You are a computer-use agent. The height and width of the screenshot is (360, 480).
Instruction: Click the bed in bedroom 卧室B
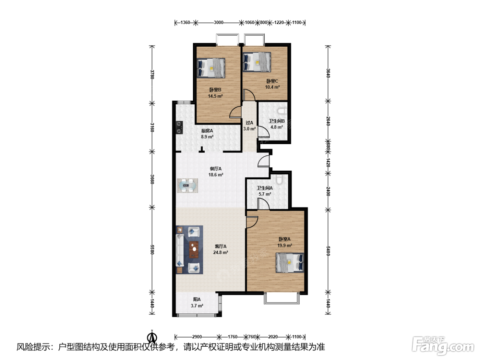[x=211, y=68]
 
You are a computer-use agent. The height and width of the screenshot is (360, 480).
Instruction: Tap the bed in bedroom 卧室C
[x=257, y=62]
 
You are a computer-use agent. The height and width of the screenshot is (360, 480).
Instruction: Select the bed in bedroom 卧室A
[x=290, y=263]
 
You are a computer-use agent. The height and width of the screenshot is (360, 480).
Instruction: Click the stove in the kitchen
[x=179, y=128]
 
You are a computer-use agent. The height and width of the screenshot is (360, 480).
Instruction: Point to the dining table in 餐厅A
[x=188, y=185]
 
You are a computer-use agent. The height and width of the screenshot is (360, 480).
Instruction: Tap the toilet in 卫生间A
[x=279, y=179]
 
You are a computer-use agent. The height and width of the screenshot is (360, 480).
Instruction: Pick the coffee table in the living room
[x=194, y=249]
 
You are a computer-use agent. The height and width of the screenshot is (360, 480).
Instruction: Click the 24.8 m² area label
[x=221, y=252]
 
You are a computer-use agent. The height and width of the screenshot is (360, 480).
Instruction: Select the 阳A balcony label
[x=197, y=299]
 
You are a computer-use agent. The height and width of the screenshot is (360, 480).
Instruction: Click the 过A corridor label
[x=249, y=123]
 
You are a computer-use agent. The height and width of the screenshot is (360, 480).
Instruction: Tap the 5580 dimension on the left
[x=152, y=250]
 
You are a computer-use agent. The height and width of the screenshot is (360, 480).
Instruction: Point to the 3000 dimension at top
[x=218, y=22]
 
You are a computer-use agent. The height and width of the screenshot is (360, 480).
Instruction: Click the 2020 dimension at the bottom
[x=273, y=337]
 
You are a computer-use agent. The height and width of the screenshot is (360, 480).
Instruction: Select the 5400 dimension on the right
[x=328, y=251]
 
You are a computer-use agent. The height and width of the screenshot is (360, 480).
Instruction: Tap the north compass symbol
[x=152, y=337]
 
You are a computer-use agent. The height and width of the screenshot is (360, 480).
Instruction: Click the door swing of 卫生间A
[x=263, y=204]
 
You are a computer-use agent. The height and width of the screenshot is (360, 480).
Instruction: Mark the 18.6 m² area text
[x=216, y=175]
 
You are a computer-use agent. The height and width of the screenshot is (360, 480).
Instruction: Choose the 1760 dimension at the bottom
[x=232, y=337]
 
